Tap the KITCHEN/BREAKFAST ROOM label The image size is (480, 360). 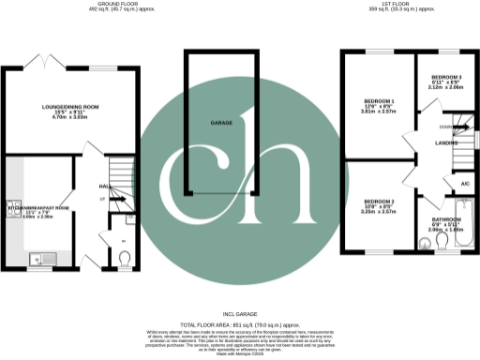[x=37, y=206]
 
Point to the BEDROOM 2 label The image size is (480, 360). [x=378, y=202]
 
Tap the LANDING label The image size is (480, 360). [x=434, y=142]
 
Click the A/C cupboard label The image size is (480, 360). [x=464, y=184]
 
